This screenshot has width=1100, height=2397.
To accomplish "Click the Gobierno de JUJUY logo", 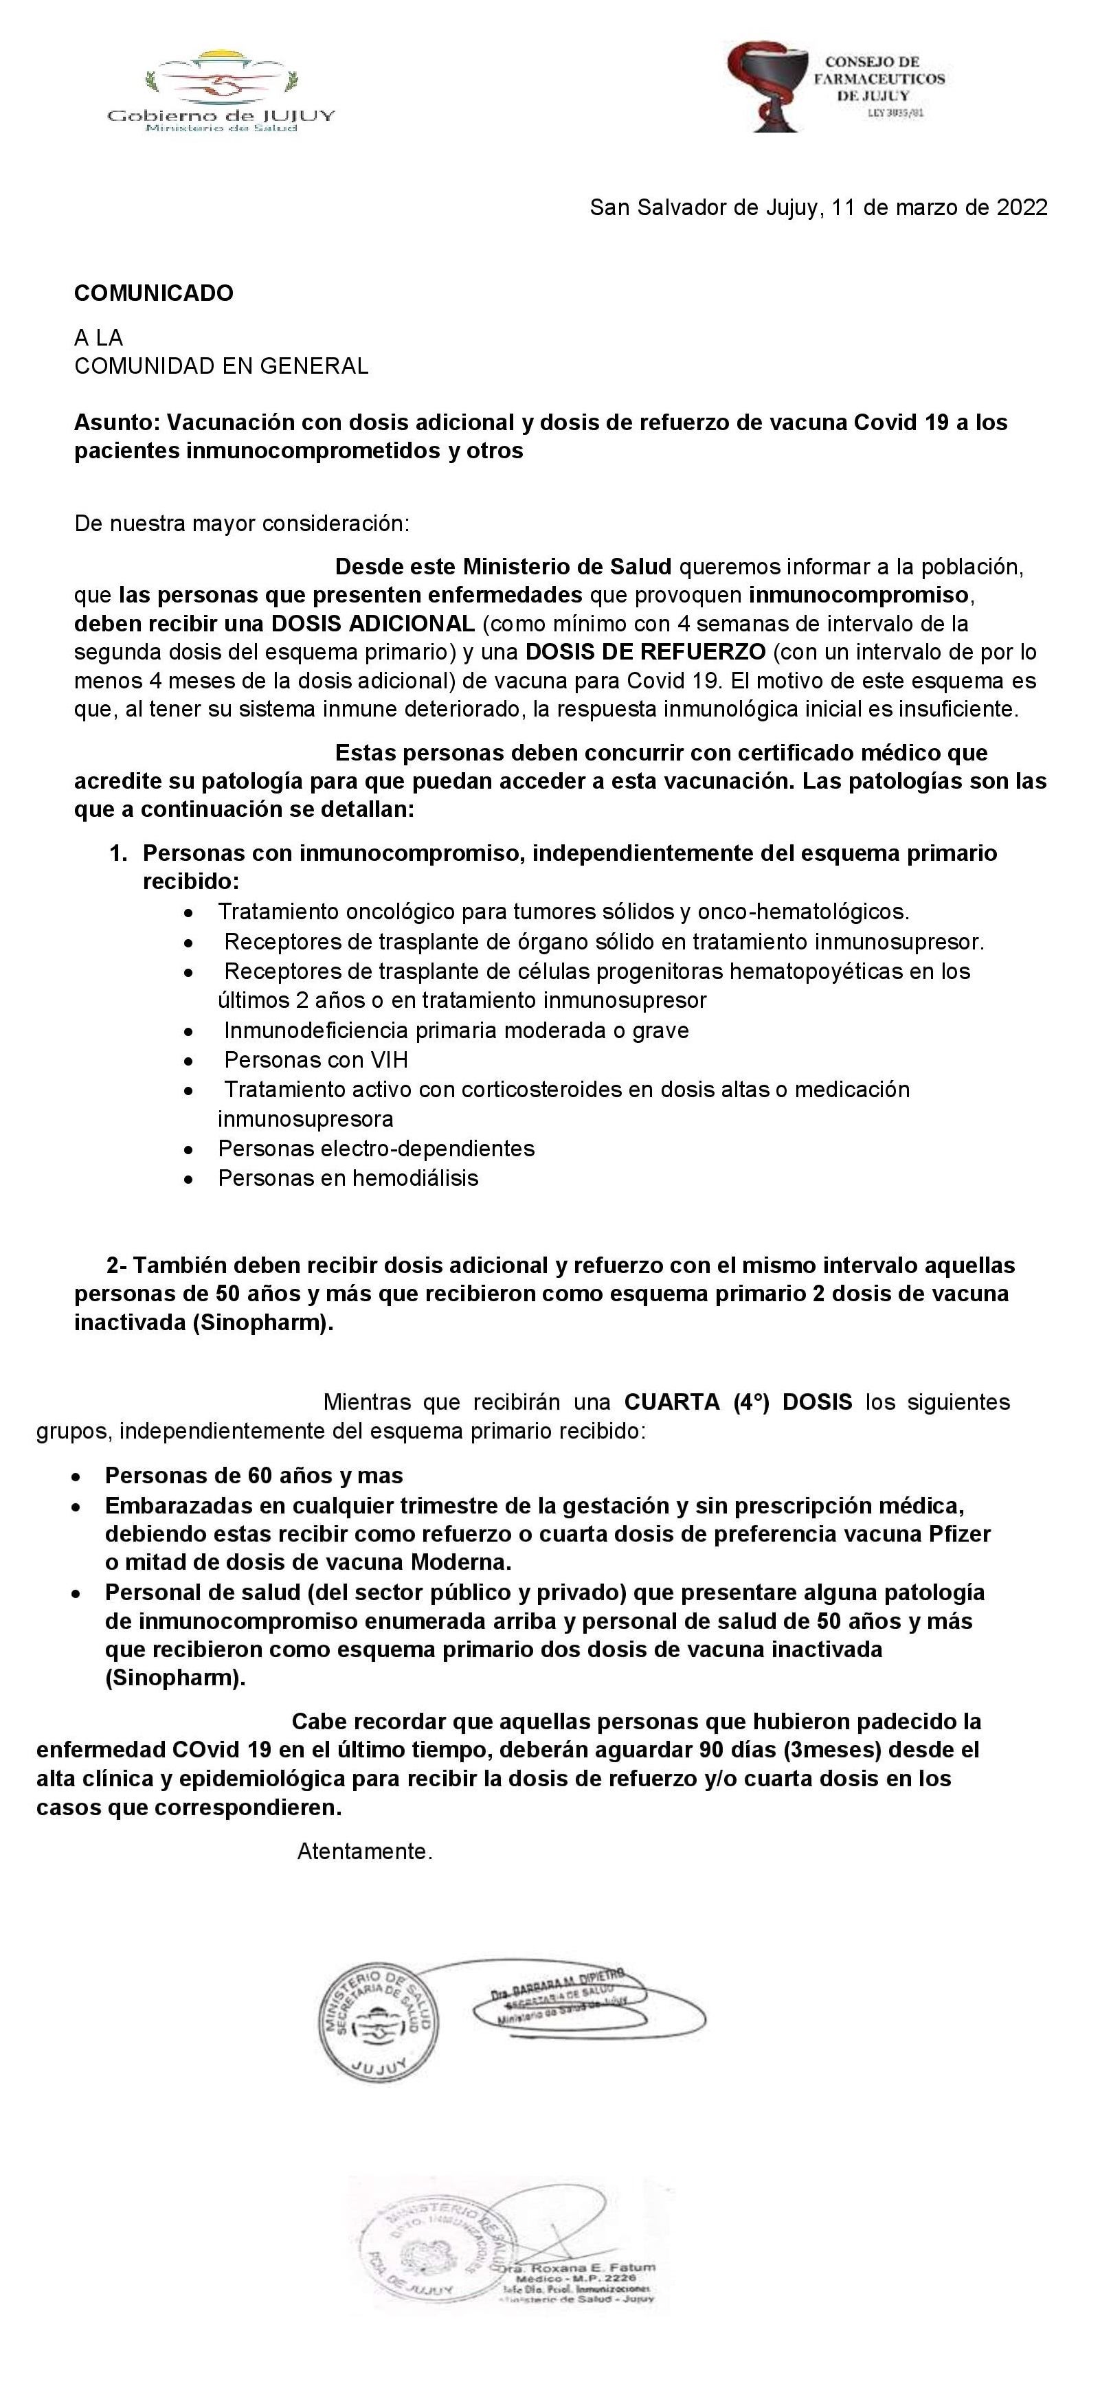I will click(x=221, y=92).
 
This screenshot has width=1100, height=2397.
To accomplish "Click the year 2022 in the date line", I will click(x=1022, y=207).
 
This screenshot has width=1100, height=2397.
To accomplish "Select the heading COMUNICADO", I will click(x=153, y=293).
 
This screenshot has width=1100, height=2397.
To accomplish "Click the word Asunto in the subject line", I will click(x=116, y=423).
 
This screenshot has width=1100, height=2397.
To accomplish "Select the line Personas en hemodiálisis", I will click(x=348, y=1178).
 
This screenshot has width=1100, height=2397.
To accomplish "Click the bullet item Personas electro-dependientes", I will click(x=376, y=1148).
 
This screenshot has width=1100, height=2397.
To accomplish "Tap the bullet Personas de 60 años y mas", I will click(x=254, y=1475).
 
